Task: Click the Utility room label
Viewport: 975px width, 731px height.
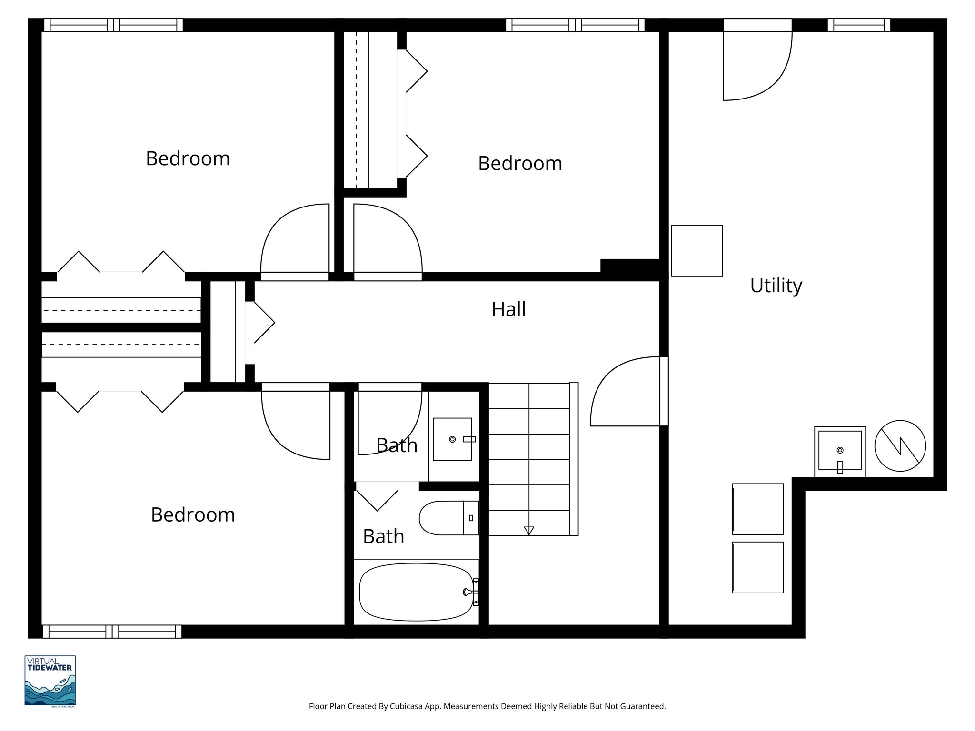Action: pyautogui.click(x=776, y=286)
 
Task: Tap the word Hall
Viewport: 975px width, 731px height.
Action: pyautogui.click(x=508, y=309)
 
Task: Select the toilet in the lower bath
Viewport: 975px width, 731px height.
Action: pyautogui.click(x=448, y=518)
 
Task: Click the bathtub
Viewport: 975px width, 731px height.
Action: pyautogui.click(x=416, y=592)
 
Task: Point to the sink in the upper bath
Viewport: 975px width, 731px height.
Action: pyautogui.click(x=452, y=439)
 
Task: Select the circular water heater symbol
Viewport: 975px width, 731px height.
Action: pyautogui.click(x=900, y=446)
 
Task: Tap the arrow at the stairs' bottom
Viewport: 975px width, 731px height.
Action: pyautogui.click(x=528, y=530)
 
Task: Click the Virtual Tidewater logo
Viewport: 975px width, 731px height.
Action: pyautogui.click(x=50, y=681)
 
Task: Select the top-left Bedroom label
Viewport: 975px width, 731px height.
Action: pyautogui.click(x=188, y=158)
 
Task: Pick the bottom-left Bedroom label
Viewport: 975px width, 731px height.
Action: pyautogui.click(x=193, y=515)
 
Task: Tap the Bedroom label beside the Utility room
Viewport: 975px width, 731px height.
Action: pyautogui.click(x=520, y=163)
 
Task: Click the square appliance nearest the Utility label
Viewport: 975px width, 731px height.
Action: pyautogui.click(x=696, y=250)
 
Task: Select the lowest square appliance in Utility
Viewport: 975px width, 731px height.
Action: pyautogui.click(x=757, y=567)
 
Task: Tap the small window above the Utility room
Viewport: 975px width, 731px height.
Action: pyautogui.click(x=858, y=25)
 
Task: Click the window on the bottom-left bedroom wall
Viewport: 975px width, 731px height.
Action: pyautogui.click(x=112, y=632)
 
